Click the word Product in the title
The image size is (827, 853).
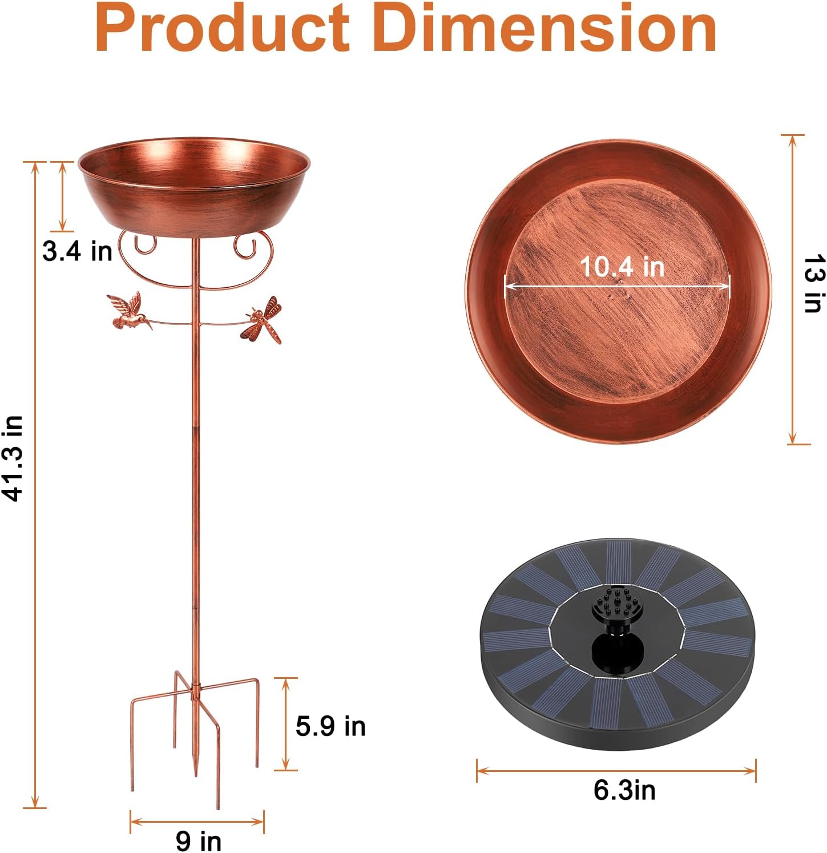pyautogui.click(x=223, y=29)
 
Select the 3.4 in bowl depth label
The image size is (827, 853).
pyautogui.click(x=78, y=251)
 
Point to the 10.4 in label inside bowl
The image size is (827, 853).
pyautogui.click(x=622, y=267)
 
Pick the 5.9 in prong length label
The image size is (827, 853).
pyautogui.click(x=330, y=726)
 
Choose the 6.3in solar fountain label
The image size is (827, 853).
pyautogui.click(x=624, y=790)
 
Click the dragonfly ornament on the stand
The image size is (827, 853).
pyautogui.click(x=264, y=320)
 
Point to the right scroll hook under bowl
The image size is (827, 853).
pyautogui.click(x=245, y=246)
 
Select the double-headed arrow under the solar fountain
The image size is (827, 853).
pyautogui.click(x=616, y=771)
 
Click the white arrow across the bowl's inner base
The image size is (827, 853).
pyautogui.click(x=617, y=285)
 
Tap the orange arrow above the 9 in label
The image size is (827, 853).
pyautogui.click(x=197, y=822)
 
